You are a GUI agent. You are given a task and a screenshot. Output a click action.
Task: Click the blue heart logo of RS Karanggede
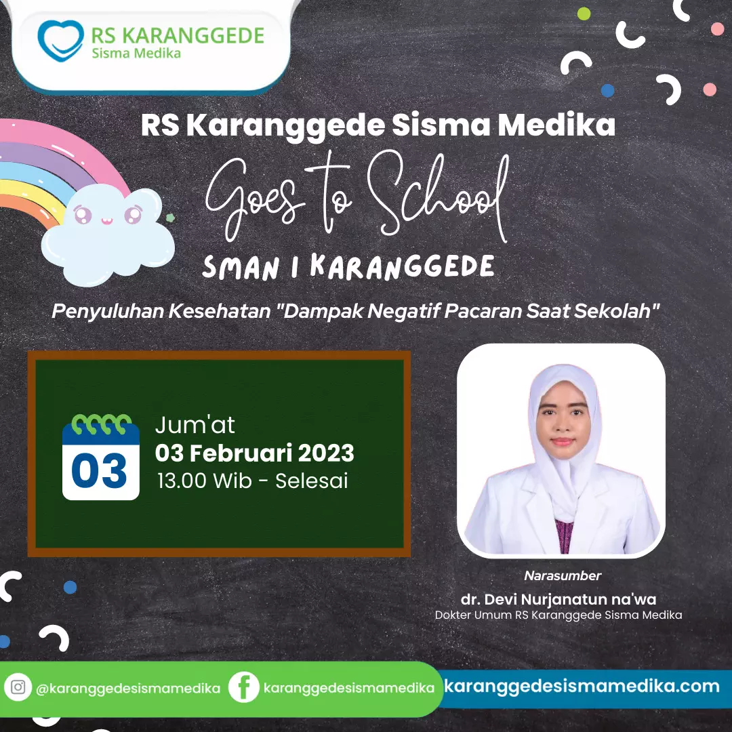click(61, 41)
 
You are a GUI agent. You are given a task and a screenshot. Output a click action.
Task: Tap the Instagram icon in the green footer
click(18, 687)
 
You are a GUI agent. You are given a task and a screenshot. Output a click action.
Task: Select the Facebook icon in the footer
click(244, 687)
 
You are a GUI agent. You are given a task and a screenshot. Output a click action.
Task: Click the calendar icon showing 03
click(101, 457)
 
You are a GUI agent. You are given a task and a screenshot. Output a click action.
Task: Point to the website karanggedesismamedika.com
click(582, 686)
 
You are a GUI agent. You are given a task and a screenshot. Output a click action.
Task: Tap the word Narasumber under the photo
click(563, 575)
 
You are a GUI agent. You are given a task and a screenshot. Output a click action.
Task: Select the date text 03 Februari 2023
click(254, 453)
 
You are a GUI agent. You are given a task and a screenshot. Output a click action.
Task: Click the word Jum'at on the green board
click(195, 425)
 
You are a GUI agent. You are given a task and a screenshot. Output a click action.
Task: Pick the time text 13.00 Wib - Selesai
click(253, 481)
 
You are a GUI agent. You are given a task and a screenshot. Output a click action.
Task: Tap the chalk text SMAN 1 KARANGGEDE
click(348, 268)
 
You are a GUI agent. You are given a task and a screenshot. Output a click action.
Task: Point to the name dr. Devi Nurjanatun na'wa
click(558, 599)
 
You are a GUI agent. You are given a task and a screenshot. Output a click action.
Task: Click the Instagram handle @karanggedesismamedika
click(128, 689)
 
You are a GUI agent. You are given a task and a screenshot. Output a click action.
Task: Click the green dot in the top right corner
click(584, 14)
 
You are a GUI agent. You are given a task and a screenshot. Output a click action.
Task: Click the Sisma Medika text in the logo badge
click(136, 54)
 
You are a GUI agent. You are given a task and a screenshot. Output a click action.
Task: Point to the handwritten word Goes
click(255, 199)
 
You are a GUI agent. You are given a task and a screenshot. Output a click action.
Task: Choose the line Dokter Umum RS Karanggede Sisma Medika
click(558, 615)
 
